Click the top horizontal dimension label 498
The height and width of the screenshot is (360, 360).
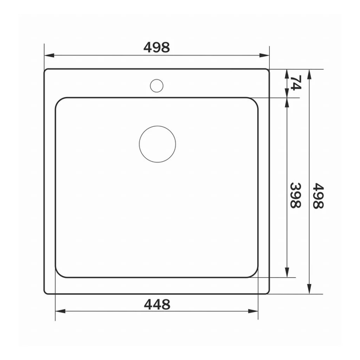pyautogui.click(x=157, y=47)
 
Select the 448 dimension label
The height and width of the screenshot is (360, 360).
pyautogui.click(x=157, y=305)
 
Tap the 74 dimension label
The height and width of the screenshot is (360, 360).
pyautogui.click(x=296, y=83)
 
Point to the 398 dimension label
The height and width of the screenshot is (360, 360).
pyautogui.click(x=296, y=195)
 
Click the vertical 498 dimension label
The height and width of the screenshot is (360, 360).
pyautogui.click(x=318, y=196)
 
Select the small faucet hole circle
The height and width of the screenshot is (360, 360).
pyautogui.click(x=157, y=86)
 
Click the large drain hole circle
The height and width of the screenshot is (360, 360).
pyautogui.click(x=158, y=144)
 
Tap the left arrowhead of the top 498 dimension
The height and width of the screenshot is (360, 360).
pyautogui.click(x=49, y=55)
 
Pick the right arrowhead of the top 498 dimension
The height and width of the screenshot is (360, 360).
pyautogui.click(x=264, y=55)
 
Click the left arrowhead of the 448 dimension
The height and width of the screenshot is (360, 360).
pyautogui.click(x=61, y=311)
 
